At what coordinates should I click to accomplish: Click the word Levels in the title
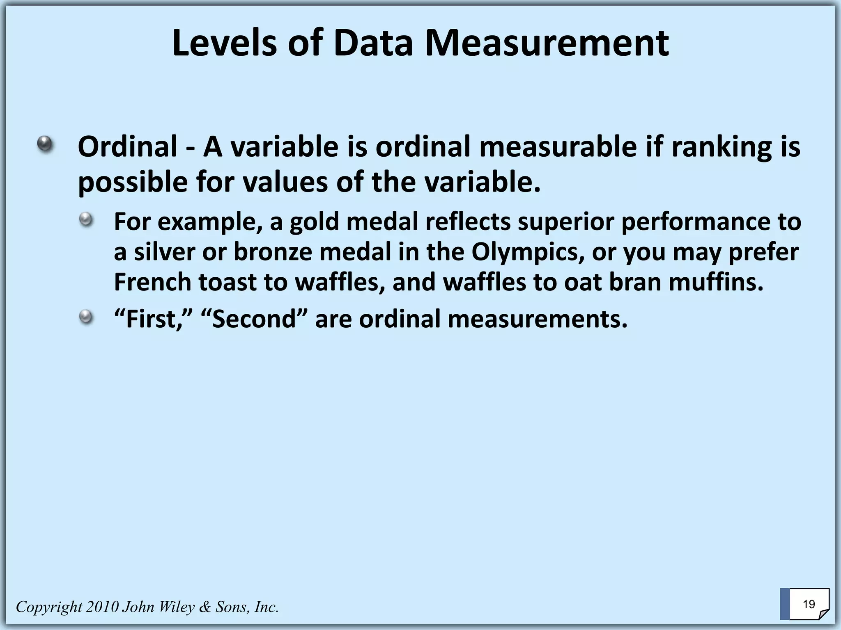(x=224, y=43)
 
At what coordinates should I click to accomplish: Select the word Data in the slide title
(x=373, y=43)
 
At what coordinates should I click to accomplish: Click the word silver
(x=164, y=252)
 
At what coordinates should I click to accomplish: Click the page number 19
(x=809, y=604)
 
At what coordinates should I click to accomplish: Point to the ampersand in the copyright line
(x=204, y=607)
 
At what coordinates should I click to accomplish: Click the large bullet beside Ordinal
(x=45, y=144)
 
